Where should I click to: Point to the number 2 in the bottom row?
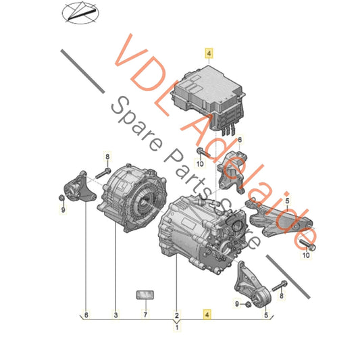[x=177, y=315]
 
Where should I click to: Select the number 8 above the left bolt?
[x=106, y=157]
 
